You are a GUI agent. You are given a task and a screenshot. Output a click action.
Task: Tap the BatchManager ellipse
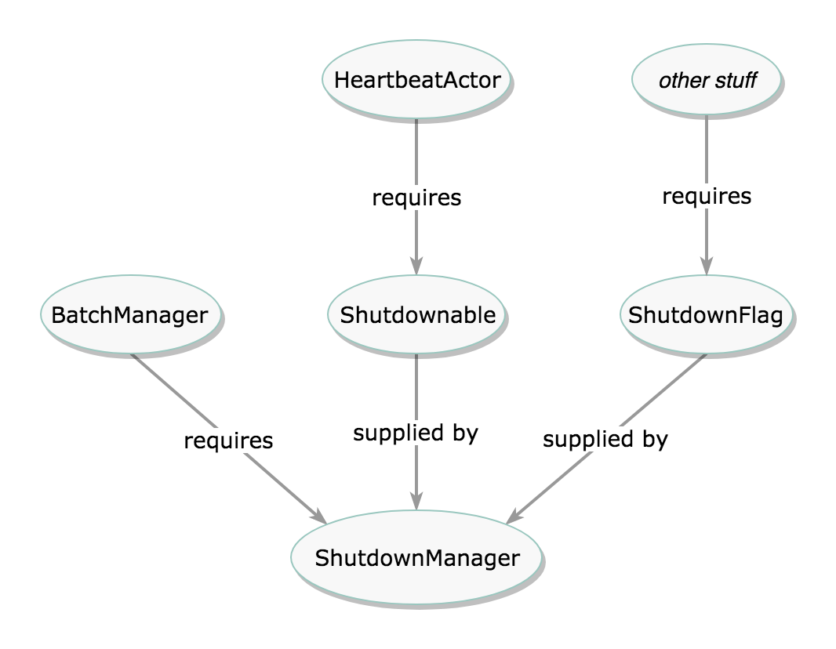[130, 315]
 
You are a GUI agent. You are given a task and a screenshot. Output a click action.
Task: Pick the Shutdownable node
[416, 315]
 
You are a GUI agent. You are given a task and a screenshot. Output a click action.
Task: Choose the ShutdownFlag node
[706, 315]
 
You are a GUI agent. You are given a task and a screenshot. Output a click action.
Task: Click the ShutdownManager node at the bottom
[416, 558]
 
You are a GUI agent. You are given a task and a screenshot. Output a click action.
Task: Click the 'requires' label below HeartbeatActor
[416, 198]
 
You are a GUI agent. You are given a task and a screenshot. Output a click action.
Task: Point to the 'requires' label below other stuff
[707, 196]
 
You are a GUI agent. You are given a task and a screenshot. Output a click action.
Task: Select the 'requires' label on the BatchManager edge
[228, 441]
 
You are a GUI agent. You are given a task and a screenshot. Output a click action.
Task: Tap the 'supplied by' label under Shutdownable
[415, 433]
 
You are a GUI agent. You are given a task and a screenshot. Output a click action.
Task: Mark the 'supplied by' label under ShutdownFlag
[605, 439]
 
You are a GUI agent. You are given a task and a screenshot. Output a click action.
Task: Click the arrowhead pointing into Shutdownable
[416, 265]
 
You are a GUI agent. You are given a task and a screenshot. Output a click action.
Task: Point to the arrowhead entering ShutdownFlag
[707, 265]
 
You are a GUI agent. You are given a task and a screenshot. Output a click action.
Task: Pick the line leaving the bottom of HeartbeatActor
[416, 149]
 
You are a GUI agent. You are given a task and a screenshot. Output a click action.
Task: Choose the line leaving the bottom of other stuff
[707, 149]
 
